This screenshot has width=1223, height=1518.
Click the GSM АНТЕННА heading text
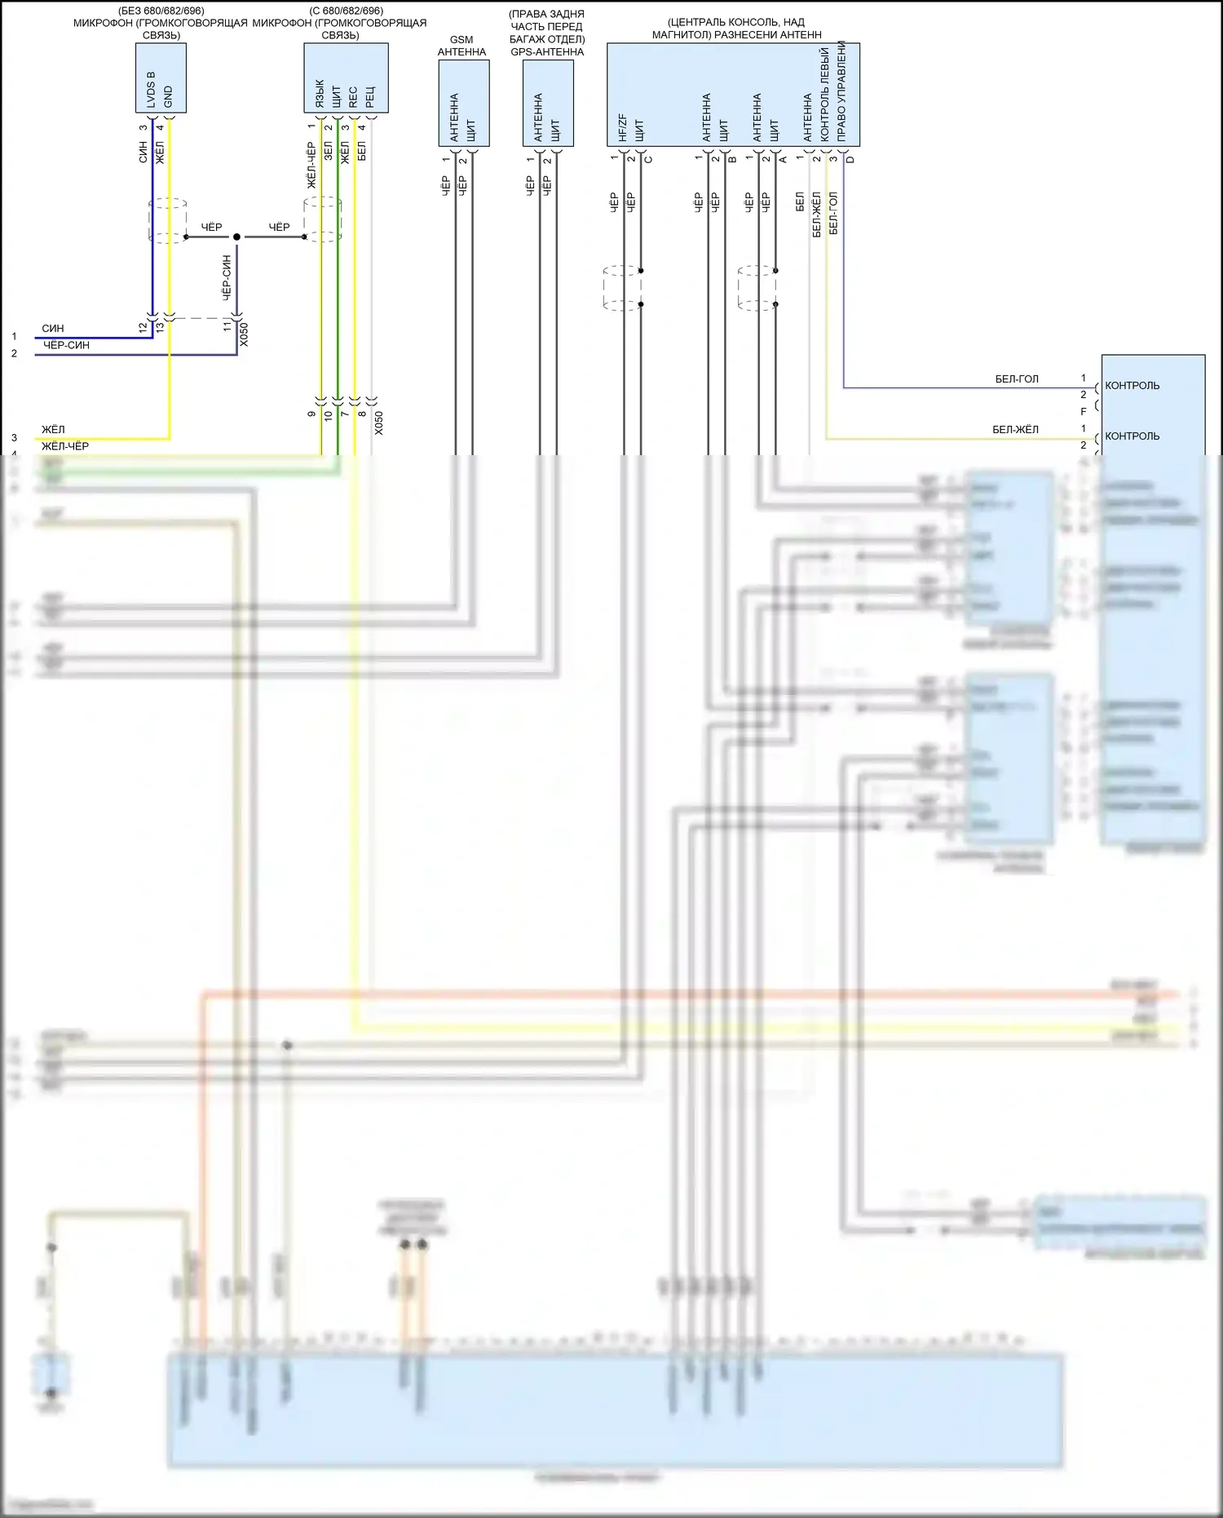461,46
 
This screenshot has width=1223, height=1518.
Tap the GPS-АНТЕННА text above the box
547,52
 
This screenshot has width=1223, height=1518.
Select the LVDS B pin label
151,90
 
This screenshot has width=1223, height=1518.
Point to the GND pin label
168,96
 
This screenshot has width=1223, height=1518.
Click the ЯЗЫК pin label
320,94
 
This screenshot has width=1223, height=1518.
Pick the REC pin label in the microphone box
353,97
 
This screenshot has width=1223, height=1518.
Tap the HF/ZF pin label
623,127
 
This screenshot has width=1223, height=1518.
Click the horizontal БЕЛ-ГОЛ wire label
1017,379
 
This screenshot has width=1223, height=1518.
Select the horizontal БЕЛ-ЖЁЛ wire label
1015,430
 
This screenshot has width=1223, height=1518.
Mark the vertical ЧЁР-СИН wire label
227,277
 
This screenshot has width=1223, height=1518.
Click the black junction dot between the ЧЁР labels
236,237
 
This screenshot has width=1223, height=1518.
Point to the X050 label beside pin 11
244,335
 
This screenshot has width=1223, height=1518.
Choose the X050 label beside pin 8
378,423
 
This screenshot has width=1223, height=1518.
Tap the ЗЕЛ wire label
328,151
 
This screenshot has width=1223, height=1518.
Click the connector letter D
850,159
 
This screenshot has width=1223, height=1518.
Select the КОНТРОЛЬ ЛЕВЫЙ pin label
824,94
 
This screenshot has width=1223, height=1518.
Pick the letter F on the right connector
1084,412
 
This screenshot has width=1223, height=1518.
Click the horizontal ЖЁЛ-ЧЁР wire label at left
65,446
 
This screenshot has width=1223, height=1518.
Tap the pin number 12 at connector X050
143,327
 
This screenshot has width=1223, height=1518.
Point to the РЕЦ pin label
370,98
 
